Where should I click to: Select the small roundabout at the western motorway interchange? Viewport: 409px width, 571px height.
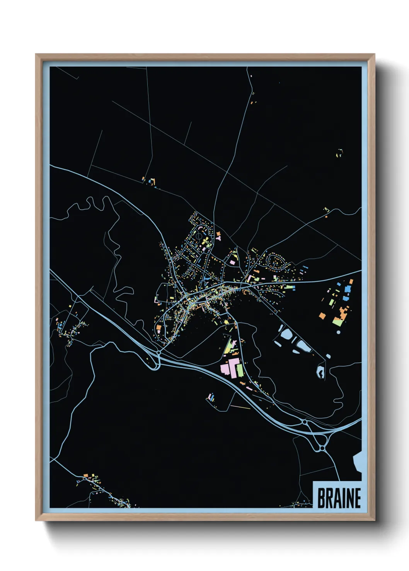(x=159, y=353)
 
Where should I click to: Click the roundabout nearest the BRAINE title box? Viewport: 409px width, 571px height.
(x=322, y=448)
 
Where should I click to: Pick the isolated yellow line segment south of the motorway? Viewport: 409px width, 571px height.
(x=240, y=407)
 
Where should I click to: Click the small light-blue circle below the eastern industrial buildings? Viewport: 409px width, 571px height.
(x=339, y=332)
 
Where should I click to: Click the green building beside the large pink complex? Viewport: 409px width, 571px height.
(x=240, y=370)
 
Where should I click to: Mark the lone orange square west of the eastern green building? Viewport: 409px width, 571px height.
(x=322, y=316)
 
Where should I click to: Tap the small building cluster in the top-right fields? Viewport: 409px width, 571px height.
(x=339, y=153)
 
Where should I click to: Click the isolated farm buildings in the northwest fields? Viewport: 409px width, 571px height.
(x=150, y=181)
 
